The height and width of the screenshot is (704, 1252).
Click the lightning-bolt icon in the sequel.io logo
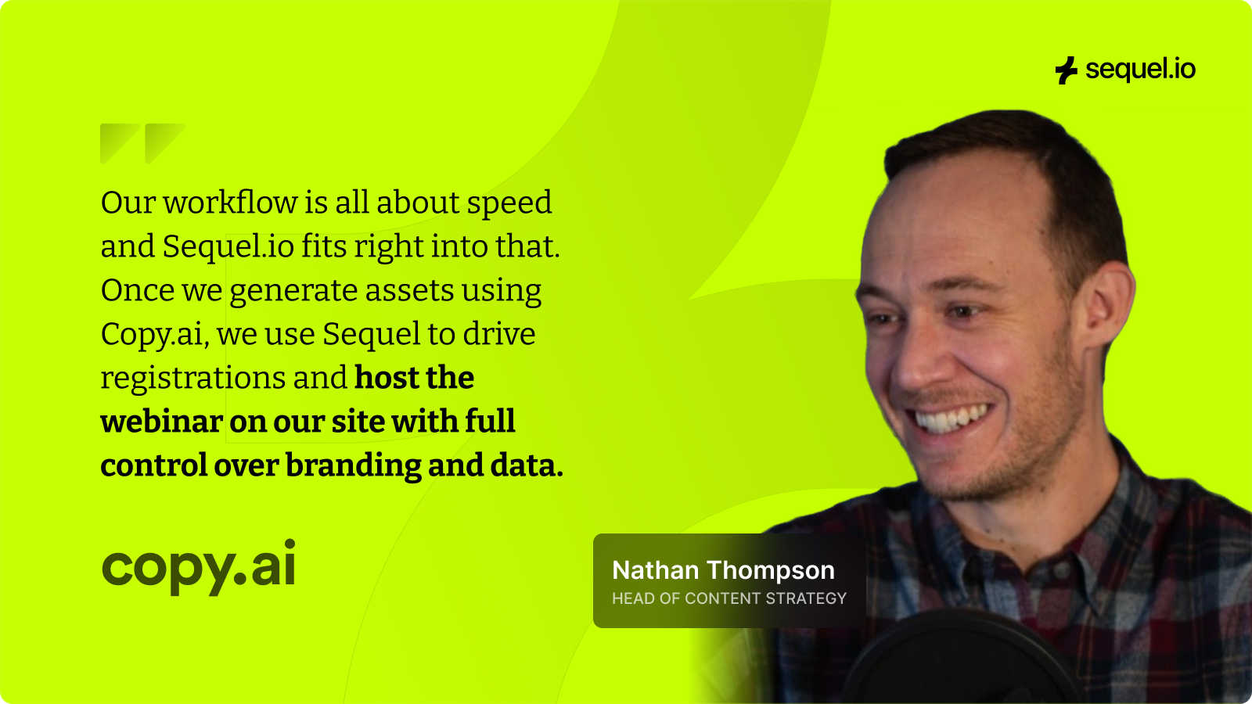pos(1066,70)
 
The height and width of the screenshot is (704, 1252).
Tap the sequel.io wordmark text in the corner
pos(1140,70)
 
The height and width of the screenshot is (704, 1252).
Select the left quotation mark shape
pos(119,144)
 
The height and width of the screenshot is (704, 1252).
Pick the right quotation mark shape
pos(164,144)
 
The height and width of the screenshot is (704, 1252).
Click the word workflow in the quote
pos(230,202)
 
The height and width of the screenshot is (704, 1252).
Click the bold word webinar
pos(162,422)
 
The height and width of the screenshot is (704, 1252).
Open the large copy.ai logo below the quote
pos(199,566)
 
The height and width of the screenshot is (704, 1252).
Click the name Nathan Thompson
pos(723,570)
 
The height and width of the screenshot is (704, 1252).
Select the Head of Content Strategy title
pos(729,598)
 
